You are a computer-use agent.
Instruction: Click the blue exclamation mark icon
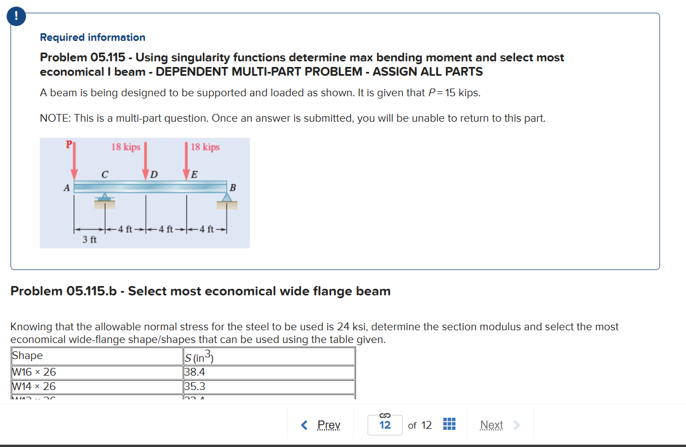(17, 17)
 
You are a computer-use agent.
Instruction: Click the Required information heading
(92, 38)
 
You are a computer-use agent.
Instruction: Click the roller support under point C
(104, 198)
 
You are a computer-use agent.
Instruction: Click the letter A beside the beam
(66, 188)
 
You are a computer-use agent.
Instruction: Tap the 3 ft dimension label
(90, 240)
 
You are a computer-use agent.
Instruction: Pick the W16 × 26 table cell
(97, 372)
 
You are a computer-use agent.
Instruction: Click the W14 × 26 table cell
(97, 387)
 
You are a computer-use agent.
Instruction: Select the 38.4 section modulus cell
(269, 372)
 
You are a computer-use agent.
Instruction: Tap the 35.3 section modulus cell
(269, 387)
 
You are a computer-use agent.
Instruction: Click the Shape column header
(97, 356)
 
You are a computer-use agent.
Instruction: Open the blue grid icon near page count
(448, 424)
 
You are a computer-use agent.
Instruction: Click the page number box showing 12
(385, 425)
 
